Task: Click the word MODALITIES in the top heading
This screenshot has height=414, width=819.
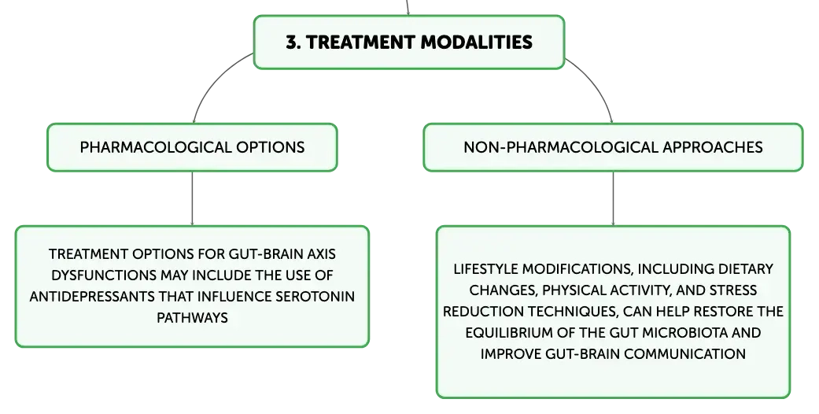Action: [x=476, y=42]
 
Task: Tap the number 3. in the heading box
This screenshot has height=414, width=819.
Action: [x=293, y=42]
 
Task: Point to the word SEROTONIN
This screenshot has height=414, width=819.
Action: [x=315, y=297]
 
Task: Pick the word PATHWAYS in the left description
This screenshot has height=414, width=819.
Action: [x=192, y=318]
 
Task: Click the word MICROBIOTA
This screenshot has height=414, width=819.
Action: [x=684, y=332]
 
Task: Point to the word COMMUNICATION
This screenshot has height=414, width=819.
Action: [x=684, y=354]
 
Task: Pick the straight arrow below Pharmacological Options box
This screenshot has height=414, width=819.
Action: [x=192, y=198]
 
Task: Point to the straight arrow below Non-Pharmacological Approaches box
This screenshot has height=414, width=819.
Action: [x=613, y=198]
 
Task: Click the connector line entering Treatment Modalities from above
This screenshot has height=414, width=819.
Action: [x=408, y=7]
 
